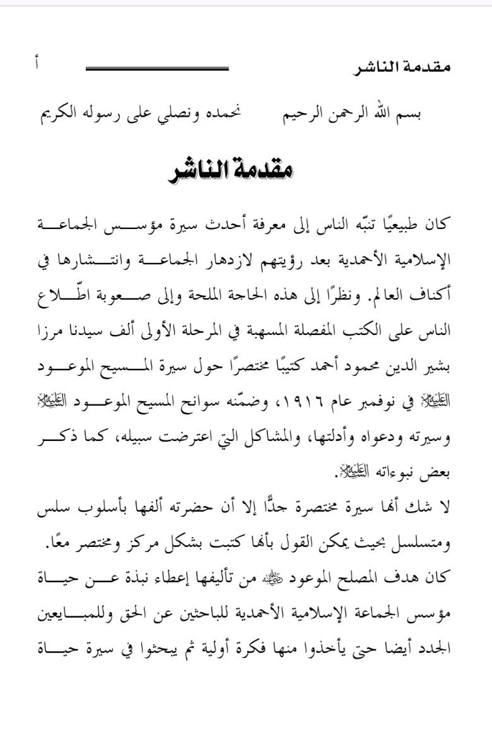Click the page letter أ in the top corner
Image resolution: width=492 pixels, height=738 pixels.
coord(37,63)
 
